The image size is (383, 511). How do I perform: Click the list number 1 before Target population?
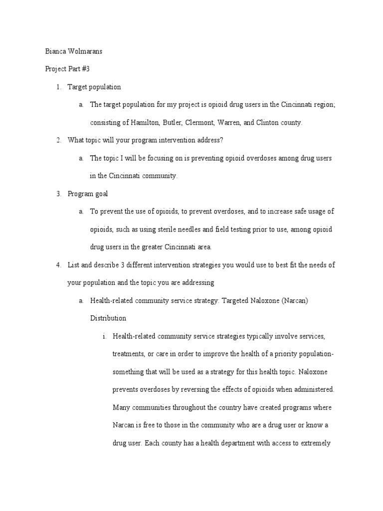tap(58, 87)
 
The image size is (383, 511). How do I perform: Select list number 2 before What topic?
tap(58, 140)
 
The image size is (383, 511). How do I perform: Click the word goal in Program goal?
tap(99, 194)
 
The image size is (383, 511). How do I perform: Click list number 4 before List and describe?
tap(58, 264)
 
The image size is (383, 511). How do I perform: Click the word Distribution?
tap(108, 318)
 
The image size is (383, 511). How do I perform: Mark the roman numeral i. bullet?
tap(105, 336)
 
